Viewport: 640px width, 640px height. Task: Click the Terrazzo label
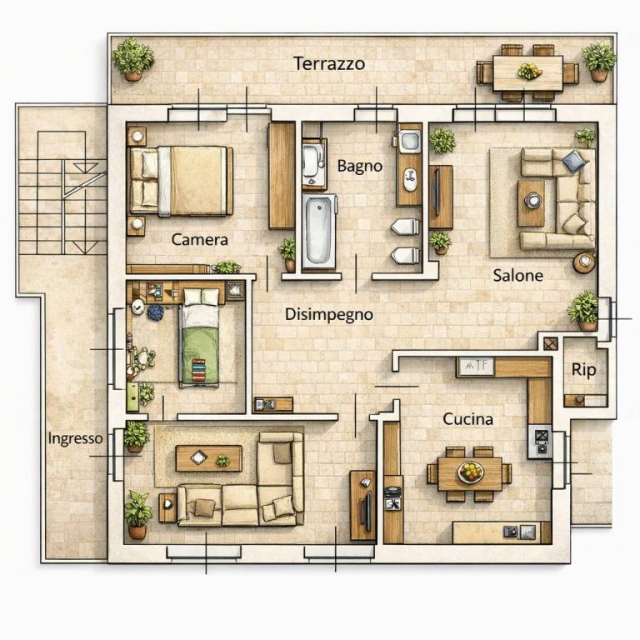329,63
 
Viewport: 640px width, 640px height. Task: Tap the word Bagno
360,166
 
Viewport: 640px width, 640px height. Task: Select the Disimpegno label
328,315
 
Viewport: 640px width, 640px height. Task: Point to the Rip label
583,370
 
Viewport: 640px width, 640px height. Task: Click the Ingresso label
76,438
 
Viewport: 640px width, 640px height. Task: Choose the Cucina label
467,419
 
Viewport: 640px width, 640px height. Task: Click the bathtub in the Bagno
319,231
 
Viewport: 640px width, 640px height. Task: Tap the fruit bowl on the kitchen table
471,472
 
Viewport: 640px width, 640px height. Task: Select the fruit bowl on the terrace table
529,72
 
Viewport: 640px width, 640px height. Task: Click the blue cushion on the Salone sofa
573,160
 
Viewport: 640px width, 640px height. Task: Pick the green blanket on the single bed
200,355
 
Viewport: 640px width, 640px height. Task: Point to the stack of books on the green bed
199,370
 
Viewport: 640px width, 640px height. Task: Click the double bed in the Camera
181,180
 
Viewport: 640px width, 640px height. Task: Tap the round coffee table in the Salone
533,200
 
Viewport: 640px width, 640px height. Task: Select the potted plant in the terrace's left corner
133,59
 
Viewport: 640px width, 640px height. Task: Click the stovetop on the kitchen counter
541,441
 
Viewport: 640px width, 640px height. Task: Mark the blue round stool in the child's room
155,312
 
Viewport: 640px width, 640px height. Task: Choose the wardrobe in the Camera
282,175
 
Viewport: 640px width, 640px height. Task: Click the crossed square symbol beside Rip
551,343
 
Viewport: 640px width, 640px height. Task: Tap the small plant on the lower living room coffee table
222,461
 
